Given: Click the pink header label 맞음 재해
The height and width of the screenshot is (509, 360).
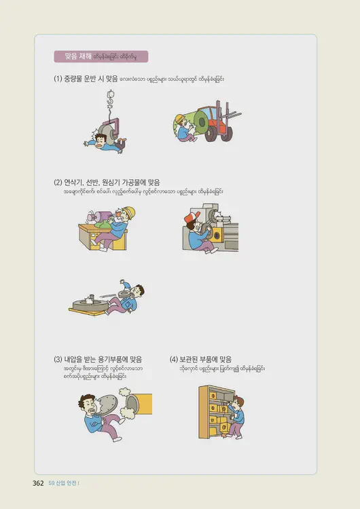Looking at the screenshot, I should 79,56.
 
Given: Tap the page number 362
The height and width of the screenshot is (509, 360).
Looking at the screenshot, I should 38,483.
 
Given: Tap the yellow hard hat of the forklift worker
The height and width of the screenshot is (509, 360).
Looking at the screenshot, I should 179,119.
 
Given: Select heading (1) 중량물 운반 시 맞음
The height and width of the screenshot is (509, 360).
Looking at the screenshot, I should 86,79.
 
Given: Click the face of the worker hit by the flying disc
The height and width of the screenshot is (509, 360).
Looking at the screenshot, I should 137,292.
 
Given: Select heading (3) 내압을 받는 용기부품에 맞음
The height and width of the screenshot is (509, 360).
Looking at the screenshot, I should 102,359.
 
